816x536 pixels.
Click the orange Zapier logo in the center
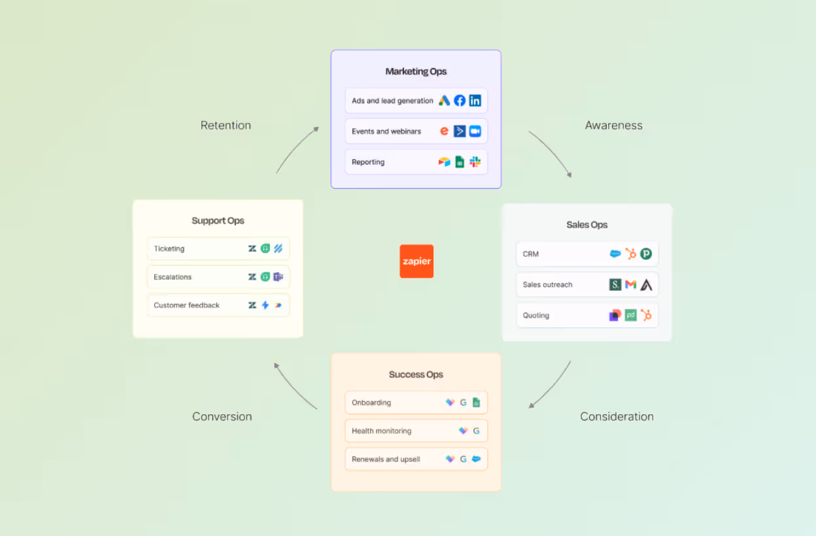pyautogui.click(x=416, y=261)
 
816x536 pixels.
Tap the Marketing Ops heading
pyautogui.click(x=416, y=71)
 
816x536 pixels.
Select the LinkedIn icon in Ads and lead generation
pyautogui.click(x=475, y=101)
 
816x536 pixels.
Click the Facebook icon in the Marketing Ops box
pyautogui.click(x=460, y=101)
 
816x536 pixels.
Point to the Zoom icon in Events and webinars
pyautogui.click(x=475, y=131)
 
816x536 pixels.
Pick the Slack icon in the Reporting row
pyautogui.click(x=475, y=161)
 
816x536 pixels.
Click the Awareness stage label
pyautogui.click(x=614, y=126)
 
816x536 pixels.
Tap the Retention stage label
pyautogui.click(x=226, y=126)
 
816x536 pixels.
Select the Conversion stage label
pyautogui.click(x=222, y=416)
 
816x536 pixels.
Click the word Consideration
pyautogui.click(x=617, y=416)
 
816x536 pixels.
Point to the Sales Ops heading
pyautogui.click(x=587, y=225)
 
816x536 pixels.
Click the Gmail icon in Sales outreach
pyautogui.click(x=630, y=284)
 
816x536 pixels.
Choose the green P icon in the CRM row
pyautogui.click(x=646, y=254)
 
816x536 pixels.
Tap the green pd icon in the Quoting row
pyautogui.click(x=630, y=315)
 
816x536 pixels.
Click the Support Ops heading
pyautogui.click(x=218, y=221)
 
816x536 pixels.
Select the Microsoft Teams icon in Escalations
pyautogui.click(x=279, y=276)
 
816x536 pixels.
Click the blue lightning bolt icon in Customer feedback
pyautogui.click(x=265, y=305)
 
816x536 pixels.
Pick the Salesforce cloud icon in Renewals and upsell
pyautogui.click(x=476, y=459)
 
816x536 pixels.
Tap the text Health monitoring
pyautogui.click(x=381, y=431)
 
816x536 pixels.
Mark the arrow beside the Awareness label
pyautogui.click(x=552, y=152)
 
